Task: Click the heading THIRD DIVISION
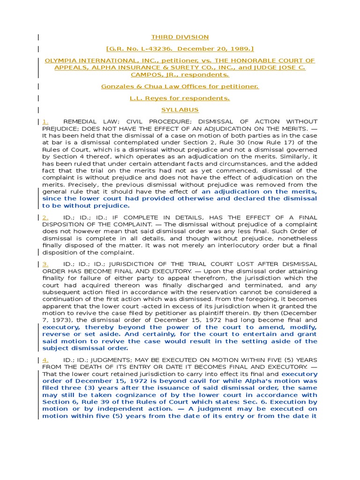(180, 37)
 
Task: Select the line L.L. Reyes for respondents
(180, 98)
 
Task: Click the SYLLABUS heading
(180, 110)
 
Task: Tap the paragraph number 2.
(45, 217)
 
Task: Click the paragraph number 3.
(45, 264)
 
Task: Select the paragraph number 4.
(45, 359)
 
